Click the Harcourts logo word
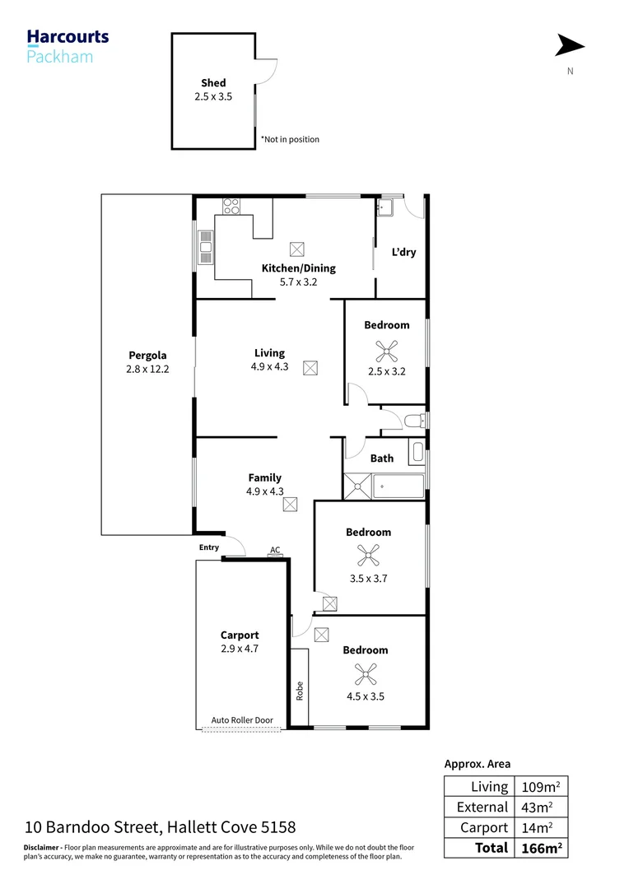[x=68, y=37]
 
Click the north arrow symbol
[x=570, y=46]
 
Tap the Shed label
[x=213, y=83]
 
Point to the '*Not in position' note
[x=290, y=139]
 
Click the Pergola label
[x=147, y=356]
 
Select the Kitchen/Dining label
[x=298, y=268]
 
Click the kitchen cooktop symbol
[x=231, y=206]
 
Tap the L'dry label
[x=403, y=252]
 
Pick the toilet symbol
[x=415, y=422]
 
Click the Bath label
[x=382, y=458]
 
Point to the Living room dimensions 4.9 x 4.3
[x=269, y=367]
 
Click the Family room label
[x=264, y=477]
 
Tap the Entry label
[x=209, y=547]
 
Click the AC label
[x=275, y=551]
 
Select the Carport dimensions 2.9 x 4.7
[x=240, y=649]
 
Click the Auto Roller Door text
[x=242, y=720]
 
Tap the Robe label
[x=300, y=689]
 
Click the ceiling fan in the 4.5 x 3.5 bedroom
[x=364, y=674]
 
